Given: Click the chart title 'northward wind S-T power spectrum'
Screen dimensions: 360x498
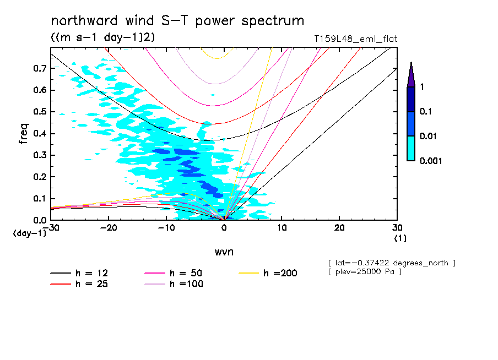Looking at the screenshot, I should tap(177, 21).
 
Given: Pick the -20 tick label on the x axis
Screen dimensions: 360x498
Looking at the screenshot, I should tap(108, 228).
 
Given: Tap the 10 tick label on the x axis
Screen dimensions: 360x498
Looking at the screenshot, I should tap(282, 228).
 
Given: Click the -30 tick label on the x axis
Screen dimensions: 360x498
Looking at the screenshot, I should tap(50, 228).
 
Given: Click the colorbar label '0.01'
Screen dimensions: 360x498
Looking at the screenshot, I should tap(429, 136).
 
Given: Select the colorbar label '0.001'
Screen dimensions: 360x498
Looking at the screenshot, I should tap(431, 161).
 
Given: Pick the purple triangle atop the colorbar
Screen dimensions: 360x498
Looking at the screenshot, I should tap(411, 74).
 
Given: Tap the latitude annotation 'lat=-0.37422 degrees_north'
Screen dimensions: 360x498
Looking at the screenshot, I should tap(391, 263).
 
